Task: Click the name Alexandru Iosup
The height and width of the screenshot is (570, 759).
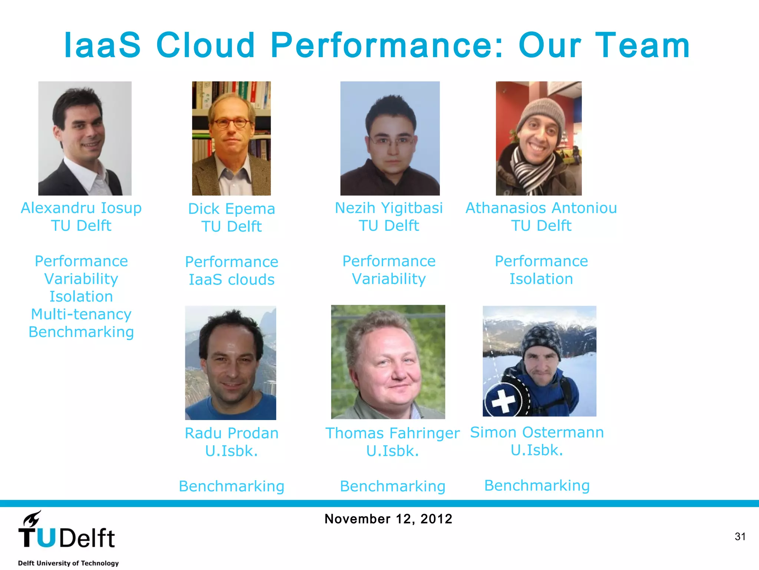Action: [x=81, y=208]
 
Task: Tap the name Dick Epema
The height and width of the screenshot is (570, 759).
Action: [x=232, y=209]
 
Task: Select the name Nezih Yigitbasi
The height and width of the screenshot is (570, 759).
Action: [x=389, y=208]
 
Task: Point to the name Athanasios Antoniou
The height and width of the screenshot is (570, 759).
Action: [x=541, y=208]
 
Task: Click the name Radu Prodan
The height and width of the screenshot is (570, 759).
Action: [x=232, y=433]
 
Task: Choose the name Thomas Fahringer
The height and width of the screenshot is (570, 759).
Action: [x=392, y=433]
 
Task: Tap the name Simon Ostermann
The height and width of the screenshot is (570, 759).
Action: [x=537, y=432]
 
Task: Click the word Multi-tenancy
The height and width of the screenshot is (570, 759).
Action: [x=81, y=314]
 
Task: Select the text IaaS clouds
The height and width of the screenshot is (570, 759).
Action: [x=232, y=279]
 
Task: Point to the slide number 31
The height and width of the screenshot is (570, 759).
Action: [x=740, y=537]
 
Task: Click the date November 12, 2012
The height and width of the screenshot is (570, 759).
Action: [x=388, y=519]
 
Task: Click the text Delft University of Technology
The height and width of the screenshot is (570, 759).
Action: [x=68, y=563]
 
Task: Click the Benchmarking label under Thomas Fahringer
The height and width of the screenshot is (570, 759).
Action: [x=392, y=486]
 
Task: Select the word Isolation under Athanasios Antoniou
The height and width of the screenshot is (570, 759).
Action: [x=541, y=279]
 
